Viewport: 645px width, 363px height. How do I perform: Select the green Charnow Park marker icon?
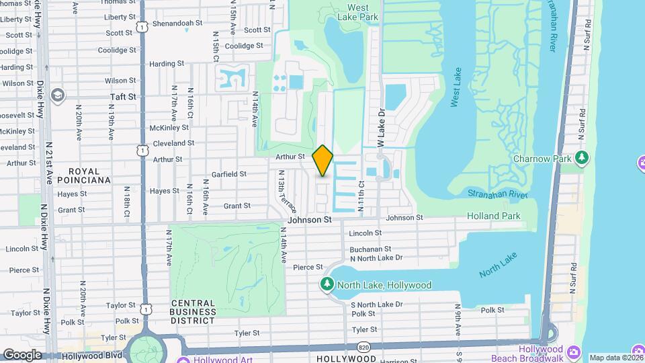[x=582, y=159]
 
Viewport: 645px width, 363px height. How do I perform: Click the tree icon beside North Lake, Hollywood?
[x=327, y=285]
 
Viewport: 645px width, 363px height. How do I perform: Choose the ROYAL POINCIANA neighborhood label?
[x=84, y=175]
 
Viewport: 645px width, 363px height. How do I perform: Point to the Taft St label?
[x=123, y=97]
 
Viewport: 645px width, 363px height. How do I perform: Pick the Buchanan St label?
[x=365, y=249]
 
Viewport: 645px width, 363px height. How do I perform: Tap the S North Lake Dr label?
[x=376, y=305]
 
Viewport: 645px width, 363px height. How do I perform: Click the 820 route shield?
[x=363, y=347]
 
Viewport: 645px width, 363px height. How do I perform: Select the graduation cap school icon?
[x=58, y=94]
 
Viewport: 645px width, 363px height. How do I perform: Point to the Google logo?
[x=22, y=354]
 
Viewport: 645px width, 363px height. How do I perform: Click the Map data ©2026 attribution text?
[x=615, y=358]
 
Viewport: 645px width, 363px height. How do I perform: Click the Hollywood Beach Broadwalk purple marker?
[x=574, y=352]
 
